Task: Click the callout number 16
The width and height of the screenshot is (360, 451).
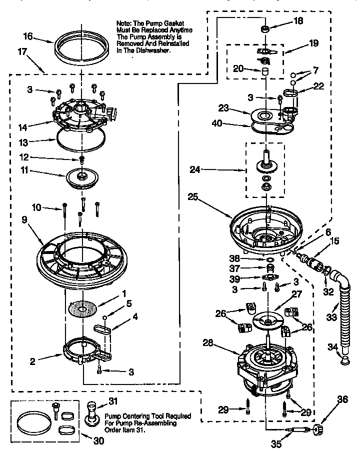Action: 28,36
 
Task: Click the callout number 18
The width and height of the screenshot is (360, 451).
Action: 298,21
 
